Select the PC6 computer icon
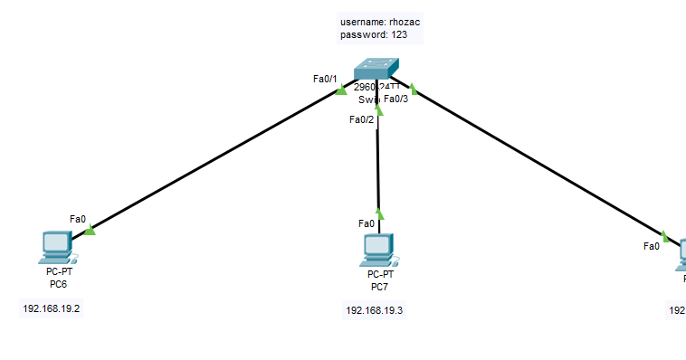point(57,246)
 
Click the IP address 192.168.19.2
point(58,308)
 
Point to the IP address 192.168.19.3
point(374,310)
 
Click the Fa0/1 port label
point(324,79)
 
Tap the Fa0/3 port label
point(395,99)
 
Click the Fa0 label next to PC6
point(78,219)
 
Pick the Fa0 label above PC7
point(366,223)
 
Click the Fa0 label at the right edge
point(652,245)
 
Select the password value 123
point(399,34)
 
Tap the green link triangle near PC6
point(90,232)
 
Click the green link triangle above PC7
point(379,214)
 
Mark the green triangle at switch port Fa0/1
point(340,90)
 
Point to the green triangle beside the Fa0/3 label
point(412,89)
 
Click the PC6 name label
point(58,284)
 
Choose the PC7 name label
point(379,287)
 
